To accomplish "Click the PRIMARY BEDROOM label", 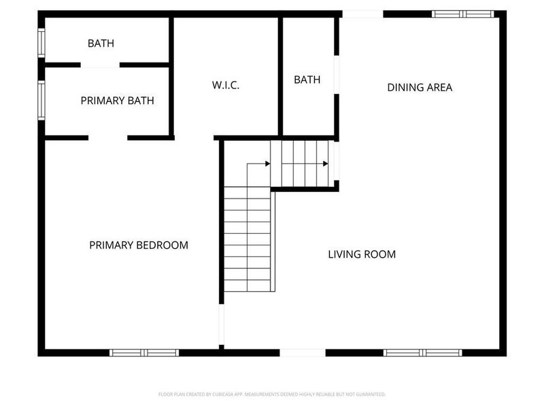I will click(x=139, y=245).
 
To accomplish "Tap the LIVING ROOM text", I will click(x=362, y=254).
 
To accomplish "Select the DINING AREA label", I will click(x=420, y=87).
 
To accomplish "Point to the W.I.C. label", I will click(x=226, y=86).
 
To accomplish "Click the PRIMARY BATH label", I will click(x=117, y=101).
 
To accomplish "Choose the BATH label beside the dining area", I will click(x=307, y=80).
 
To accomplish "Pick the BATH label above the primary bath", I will click(x=101, y=44).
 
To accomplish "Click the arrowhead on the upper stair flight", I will click(x=325, y=163).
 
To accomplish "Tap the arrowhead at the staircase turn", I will click(x=267, y=163).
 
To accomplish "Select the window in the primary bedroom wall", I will click(x=144, y=352).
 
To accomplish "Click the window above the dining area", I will click(x=463, y=14).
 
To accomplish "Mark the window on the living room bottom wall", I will click(x=422, y=352).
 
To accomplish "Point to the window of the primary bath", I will click(x=41, y=101).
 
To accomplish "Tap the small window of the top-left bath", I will click(x=41, y=43).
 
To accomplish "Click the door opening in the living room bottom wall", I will click(x=303, y=352).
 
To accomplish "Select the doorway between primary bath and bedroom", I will click(x=107, y=138).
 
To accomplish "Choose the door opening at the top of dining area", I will click(x=362, y=14).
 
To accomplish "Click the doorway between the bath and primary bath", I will click(x=100, y=65).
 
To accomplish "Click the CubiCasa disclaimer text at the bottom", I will click(x=272, y=394).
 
